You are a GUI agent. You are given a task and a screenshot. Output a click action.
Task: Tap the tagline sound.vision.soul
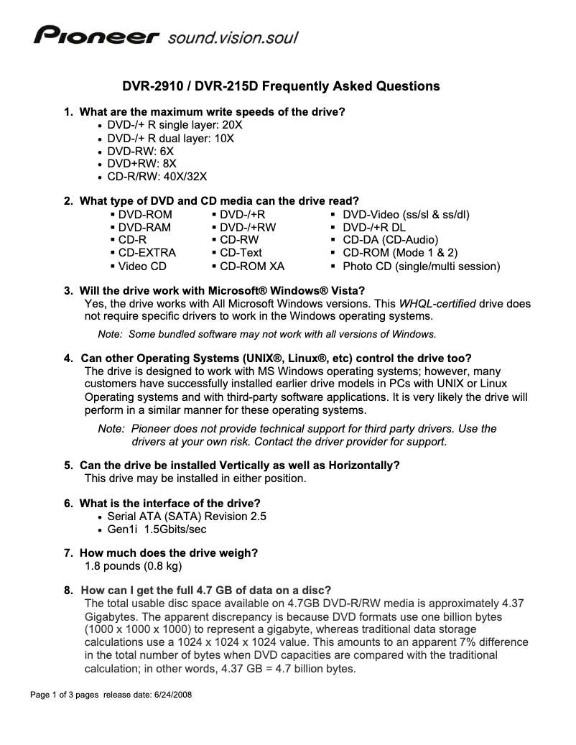click(x=232, y=36)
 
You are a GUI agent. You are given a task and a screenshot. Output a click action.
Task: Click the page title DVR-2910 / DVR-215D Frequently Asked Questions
click(x=280, y=87)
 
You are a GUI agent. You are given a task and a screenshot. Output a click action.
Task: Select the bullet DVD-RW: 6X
click(x=140, y=152)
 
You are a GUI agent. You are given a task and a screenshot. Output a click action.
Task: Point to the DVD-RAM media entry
click(x=146, y=227)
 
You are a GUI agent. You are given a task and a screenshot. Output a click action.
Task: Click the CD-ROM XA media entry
click(x=251, y=266)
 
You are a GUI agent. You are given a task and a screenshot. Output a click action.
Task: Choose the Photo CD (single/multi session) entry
click(x=421, y=266)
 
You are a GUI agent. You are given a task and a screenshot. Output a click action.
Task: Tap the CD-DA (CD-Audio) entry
click(x=390, y=240)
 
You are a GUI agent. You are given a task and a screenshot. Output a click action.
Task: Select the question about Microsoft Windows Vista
click(x=223, y=290)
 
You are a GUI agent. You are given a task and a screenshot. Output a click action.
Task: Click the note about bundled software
click(x=266, y=334)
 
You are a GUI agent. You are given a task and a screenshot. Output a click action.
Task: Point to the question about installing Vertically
click(x=239, y=465)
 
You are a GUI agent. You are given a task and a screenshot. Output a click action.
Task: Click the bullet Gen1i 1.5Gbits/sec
click(x=157, y=529)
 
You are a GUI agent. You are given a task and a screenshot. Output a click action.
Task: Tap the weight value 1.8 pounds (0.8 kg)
click(x=134, y=566)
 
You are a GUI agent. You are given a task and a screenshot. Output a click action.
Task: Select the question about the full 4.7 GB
click(x=205, y=590)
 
